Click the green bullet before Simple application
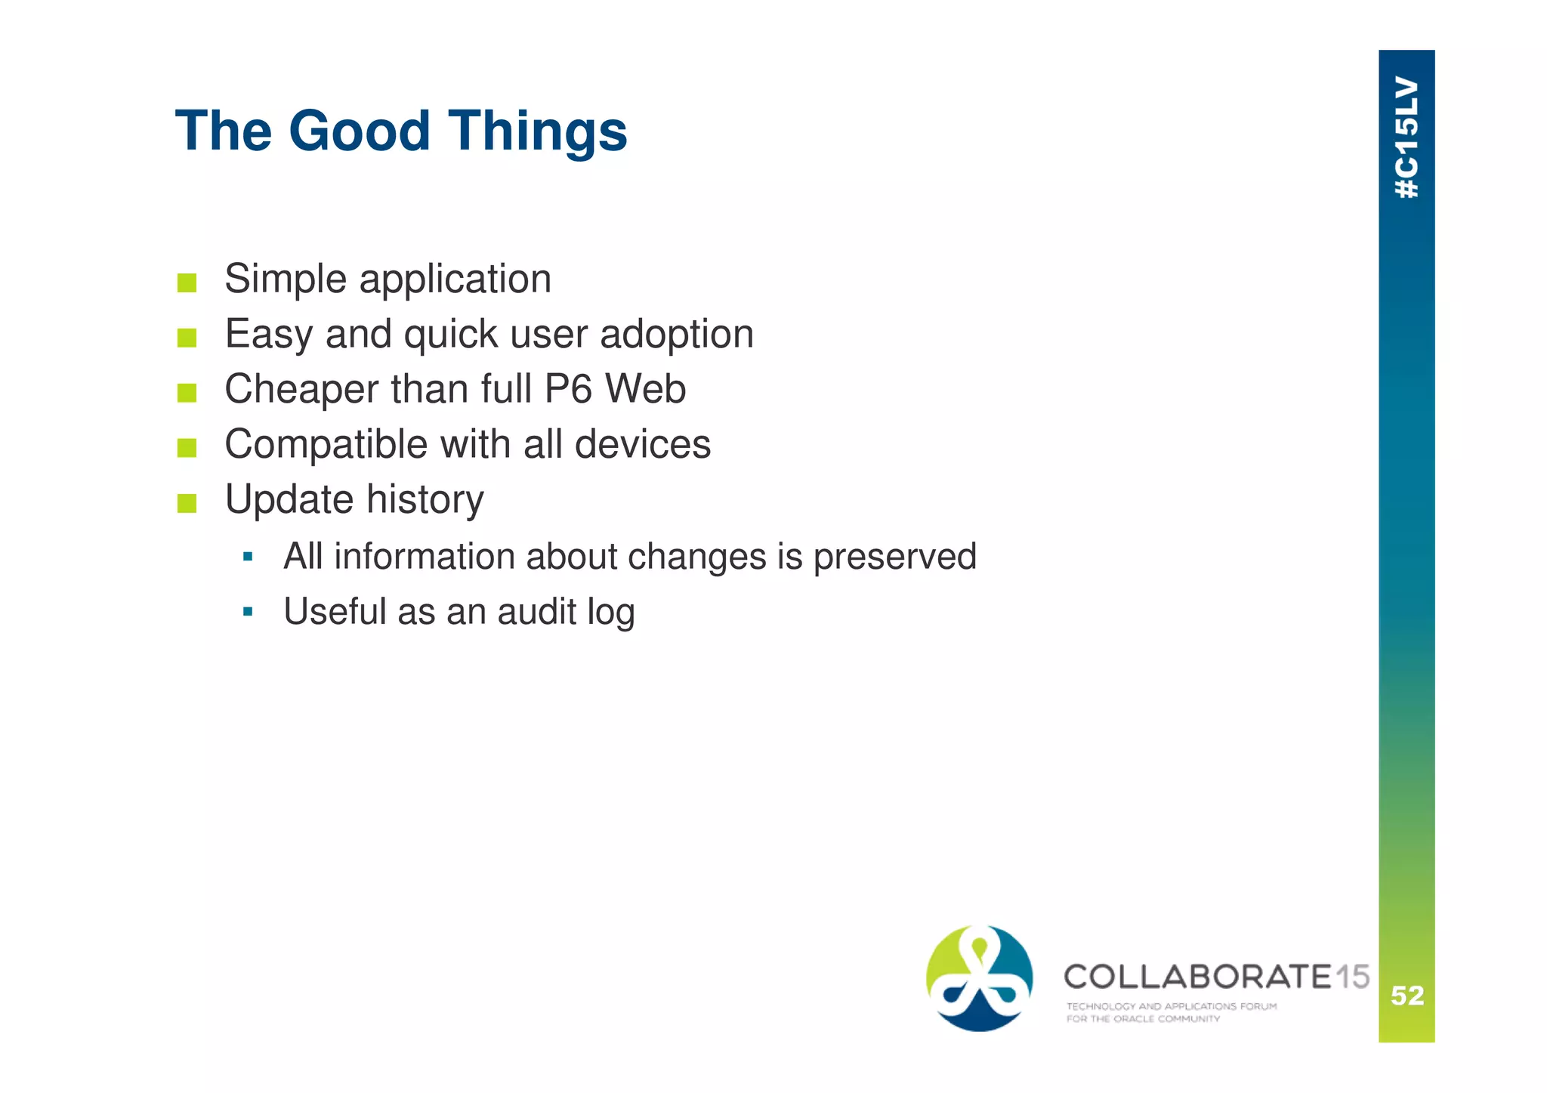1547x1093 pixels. click(x=187, y=283)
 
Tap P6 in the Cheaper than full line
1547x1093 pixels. click(x=568, y=389)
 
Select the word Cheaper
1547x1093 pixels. click(x=301, y=391)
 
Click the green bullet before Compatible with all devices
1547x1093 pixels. click(x=187, y=448)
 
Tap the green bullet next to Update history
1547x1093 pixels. click(x=187, y=503)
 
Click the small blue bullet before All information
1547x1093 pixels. click(x=248, y=557)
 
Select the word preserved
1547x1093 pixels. click(x=894, y=557)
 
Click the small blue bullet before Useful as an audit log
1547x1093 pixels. click(x=248, y=611)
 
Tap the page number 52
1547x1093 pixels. click(x=1407, y=996)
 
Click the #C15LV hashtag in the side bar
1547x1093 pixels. click(x=1407, y=137)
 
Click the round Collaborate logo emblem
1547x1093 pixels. click(x=980, y=978)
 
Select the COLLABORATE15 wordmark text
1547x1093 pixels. click(x=1215, y=977)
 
